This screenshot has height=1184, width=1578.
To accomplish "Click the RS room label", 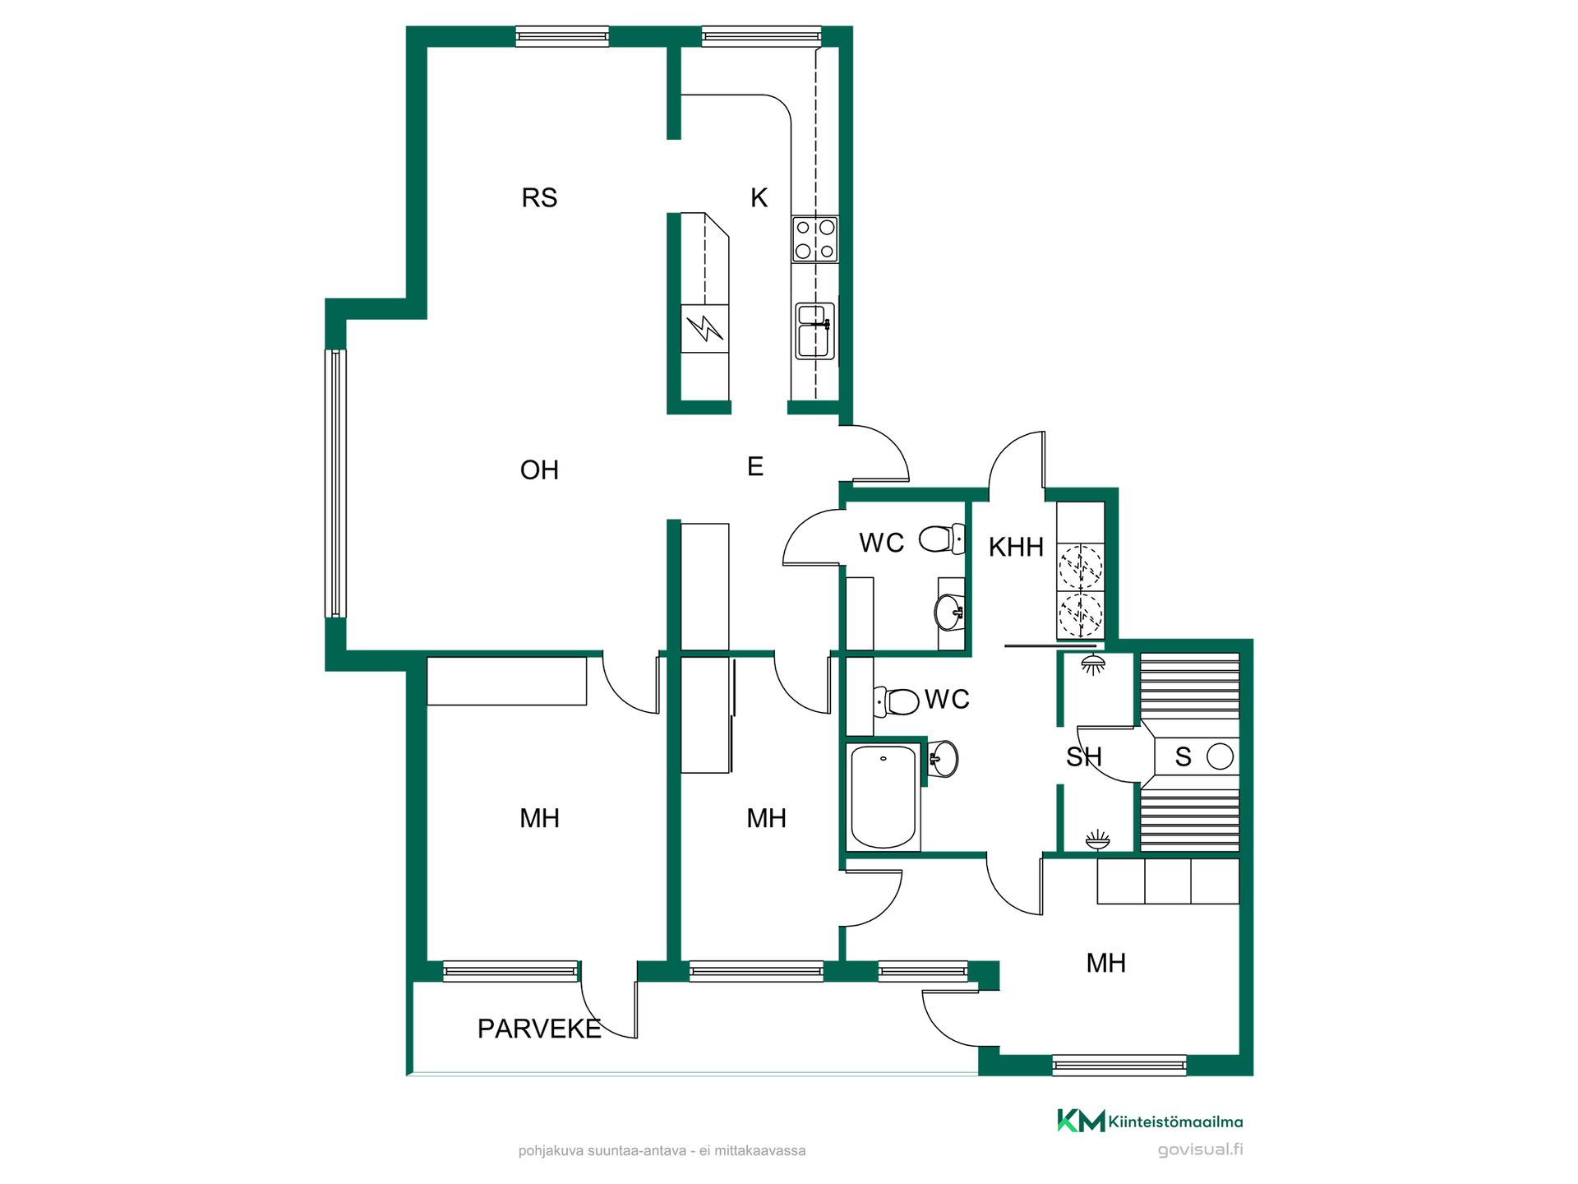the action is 539,198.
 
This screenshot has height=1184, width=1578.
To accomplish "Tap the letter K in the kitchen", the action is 759,198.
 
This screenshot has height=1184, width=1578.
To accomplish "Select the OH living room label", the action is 539,470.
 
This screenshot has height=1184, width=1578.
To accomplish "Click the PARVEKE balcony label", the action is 539,1029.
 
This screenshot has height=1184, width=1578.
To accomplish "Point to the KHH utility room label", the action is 1016,547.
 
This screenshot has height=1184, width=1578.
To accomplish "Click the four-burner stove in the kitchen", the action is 814,239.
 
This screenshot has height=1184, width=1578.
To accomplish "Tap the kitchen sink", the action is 814,331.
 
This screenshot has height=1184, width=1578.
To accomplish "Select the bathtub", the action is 884,797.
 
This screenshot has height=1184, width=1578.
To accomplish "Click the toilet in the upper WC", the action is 942,539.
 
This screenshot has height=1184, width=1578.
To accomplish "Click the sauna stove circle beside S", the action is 1220,756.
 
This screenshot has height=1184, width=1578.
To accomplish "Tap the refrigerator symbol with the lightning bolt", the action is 705,329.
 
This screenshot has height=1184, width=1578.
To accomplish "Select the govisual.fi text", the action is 1200,1149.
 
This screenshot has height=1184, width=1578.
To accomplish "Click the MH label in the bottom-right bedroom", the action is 1105,963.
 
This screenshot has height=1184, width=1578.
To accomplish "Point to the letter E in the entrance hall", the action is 755,467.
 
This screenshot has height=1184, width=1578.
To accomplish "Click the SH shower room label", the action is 1083,757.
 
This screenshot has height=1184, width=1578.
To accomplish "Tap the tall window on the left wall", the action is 335,483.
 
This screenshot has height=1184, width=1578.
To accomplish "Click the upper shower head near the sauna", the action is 1092,664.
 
